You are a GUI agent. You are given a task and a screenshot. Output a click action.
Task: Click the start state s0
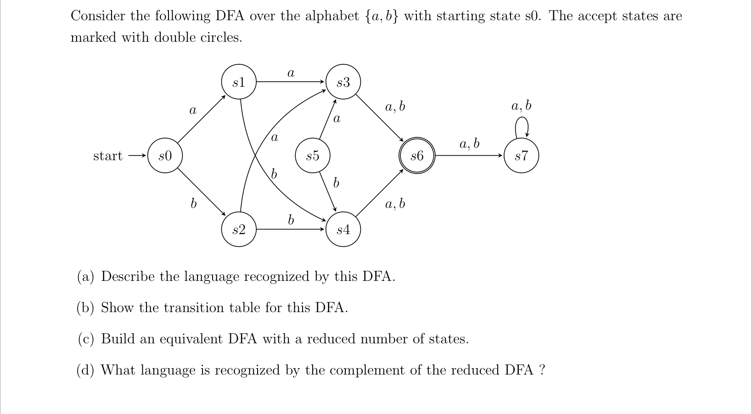[x=165, y=156]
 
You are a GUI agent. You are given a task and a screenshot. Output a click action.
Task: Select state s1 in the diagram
[x=239, y=82]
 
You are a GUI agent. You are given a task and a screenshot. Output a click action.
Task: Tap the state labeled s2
[x=239, y=229]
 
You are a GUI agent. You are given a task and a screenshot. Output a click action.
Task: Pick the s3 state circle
[x=343, y=82]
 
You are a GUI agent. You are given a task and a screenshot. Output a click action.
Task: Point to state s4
[x=343, y=229]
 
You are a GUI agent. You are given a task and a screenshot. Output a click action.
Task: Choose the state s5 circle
[x=312, y=156]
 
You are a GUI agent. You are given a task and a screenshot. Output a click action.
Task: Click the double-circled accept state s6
[x=416, y=156]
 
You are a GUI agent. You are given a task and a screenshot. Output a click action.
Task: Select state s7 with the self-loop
[x=521, y=156]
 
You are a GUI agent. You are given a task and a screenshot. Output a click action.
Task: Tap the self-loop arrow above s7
[x=522, y=126]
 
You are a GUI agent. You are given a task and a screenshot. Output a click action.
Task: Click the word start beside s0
[x=108, y=156]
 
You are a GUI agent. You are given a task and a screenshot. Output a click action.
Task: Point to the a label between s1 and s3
[x=291, y=73]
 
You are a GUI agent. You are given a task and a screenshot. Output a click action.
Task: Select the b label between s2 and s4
[x=291, y=220]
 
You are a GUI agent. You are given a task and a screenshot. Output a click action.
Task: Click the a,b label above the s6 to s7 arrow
[x=469, y=144]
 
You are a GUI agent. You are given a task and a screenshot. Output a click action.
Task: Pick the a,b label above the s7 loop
[x=521, y=106]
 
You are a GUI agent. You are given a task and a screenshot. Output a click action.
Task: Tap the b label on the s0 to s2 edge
[x=193, y=203]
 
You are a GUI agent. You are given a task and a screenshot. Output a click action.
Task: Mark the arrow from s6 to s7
[x=468, y=156]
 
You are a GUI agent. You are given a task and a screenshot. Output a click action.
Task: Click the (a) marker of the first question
[x=85, y=277]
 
